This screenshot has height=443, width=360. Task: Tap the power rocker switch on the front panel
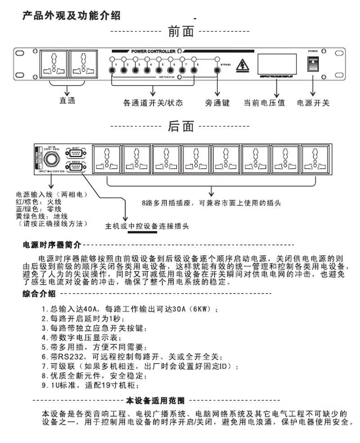[313, 65]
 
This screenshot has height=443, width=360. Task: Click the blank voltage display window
[276, 64]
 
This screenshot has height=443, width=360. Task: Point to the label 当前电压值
[265, 103]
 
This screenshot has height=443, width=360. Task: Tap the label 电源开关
[313, 103]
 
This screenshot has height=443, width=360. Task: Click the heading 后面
[180, 127]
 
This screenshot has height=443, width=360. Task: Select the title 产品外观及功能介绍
[72, 16]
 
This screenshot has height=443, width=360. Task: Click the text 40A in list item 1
[89, 309]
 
